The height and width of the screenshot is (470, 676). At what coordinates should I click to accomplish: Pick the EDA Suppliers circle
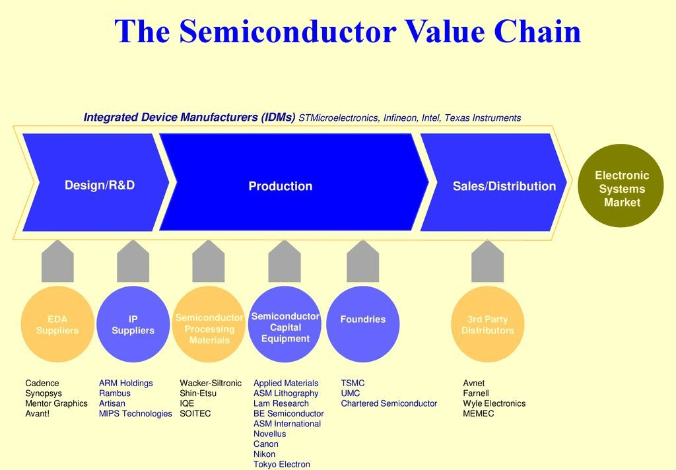(57, 324)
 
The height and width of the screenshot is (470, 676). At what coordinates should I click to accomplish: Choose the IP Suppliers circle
(133, 324)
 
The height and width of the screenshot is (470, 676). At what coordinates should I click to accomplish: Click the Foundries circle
(362, 324)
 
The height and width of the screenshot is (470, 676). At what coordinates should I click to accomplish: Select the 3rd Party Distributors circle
(487, 324)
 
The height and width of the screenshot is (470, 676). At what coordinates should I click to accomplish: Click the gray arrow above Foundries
(362, 262)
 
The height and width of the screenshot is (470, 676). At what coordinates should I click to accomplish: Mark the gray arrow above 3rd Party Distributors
(487, 262)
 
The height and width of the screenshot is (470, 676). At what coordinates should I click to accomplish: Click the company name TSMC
(353, 384)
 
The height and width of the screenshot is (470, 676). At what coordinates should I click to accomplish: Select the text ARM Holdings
(125, 384)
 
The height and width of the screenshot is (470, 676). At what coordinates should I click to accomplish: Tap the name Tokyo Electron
(281, 465)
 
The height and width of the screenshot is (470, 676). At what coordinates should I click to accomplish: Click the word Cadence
(42, 384)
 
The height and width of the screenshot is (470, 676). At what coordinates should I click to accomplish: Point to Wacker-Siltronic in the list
(211, 384)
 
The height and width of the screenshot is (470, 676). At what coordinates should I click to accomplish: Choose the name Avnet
(473, 384)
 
